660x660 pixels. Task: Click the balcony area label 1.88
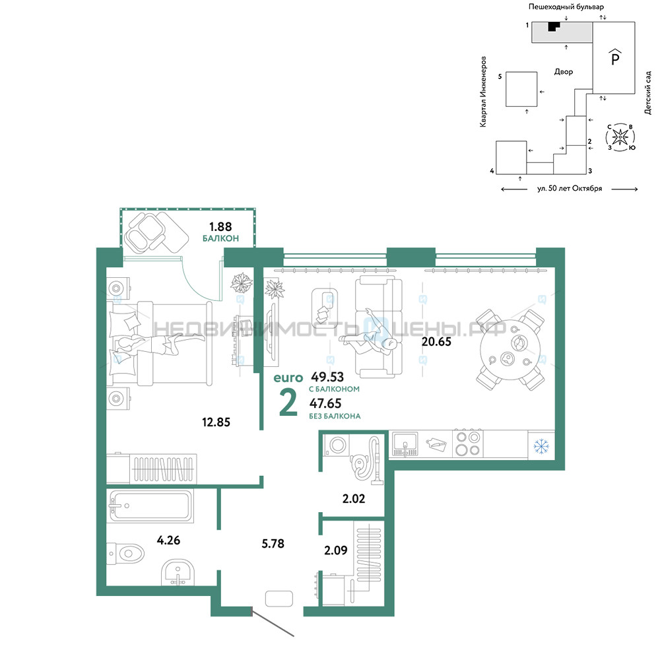pos(220,227)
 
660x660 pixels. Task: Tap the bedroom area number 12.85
pos(216,422)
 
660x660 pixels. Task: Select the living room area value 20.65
pos(436,341)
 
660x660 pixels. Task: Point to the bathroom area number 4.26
pos(168,540)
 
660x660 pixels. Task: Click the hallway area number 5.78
pos(273,543)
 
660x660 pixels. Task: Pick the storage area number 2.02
pos(354,499)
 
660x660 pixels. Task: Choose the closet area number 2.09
pos(335,550)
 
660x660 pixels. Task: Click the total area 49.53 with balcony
pos(327,377)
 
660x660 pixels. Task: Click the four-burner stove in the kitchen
pos(468,444)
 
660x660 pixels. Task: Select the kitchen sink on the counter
pos(405,444)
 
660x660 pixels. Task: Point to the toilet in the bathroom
pos(125,553)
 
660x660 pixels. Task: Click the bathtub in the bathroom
pos(150,506)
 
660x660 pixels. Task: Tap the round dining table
pos(510,349)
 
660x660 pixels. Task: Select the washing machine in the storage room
pos(337,445)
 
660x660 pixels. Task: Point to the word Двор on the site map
pos(563,71)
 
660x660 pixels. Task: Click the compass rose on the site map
pos(620,137)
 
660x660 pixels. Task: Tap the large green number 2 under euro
pos(288,403)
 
